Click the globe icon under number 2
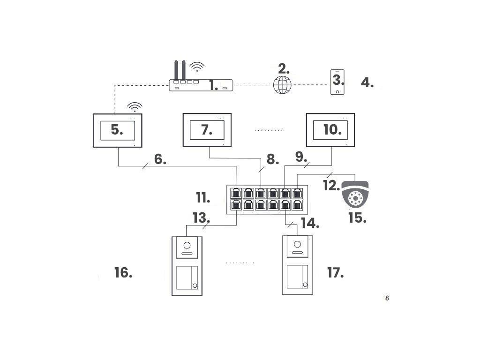click(x=282, y=85)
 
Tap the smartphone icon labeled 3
click(x=337, y=82)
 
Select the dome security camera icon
click(x=355, y=195)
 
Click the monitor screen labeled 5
click(x=117, y=130)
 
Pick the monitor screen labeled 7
click(x=207, y=130)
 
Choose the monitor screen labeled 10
click(x=330, y=130)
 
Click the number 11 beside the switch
click(x=203, y=198)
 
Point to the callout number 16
click(x=123, y=272)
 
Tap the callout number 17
click(x=335, y=272)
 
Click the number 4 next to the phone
click(x=367, y=83)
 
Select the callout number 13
click(x=201, y=218)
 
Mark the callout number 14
click(x=309, y=223)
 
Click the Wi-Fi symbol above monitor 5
click(x=135, y=106)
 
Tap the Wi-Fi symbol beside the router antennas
click(x=197, y=66)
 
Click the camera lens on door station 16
click(x=187, y=245)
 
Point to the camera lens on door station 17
click(x=297, y=244)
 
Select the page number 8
click(x=387, y=298)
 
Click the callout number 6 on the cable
click(x=160, y=159)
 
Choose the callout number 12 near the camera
click(x=331, y=186)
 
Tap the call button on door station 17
click(x=305, y=285)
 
